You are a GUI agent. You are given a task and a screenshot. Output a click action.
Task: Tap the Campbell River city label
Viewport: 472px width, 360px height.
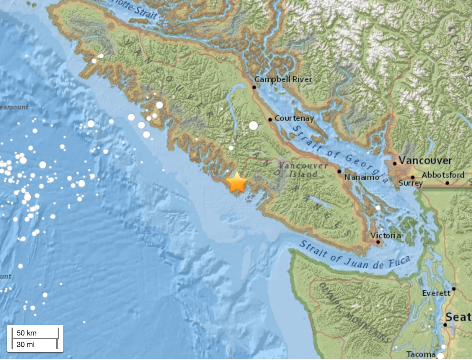pos(283,79)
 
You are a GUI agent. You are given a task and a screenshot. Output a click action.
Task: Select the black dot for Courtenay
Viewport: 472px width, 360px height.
pos(270,120)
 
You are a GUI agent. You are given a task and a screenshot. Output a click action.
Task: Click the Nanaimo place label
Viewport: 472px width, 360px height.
pos(361,177)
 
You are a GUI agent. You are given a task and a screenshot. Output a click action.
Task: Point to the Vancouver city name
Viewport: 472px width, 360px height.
pos(425,161)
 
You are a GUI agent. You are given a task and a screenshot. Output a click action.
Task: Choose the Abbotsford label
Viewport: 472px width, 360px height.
pos(443,175)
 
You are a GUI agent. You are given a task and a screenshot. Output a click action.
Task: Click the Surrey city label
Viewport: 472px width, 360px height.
pos(410,183)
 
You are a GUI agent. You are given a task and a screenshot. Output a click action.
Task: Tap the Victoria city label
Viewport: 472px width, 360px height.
pos(386,235)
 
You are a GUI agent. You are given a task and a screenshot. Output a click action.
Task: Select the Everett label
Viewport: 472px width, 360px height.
pos(436,293)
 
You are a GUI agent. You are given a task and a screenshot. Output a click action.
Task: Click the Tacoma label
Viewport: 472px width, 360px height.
pos(420,355)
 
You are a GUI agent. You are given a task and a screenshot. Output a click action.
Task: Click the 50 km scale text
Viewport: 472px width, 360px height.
pos(26,333)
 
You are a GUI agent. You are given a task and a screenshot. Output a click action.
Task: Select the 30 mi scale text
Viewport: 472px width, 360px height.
pos(26,345)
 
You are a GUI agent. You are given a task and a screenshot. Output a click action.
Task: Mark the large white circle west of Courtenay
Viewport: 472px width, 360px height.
pos(254,126)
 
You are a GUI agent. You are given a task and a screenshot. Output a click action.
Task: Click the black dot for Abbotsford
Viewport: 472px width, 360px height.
pos(447,183)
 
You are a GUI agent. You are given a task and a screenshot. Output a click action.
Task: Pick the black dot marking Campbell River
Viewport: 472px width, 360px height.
pos(254,87)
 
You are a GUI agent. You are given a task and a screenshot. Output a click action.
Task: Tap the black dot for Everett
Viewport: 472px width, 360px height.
pos(454,289)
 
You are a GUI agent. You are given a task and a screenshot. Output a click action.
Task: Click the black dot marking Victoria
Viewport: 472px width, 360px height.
pos(378,242)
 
